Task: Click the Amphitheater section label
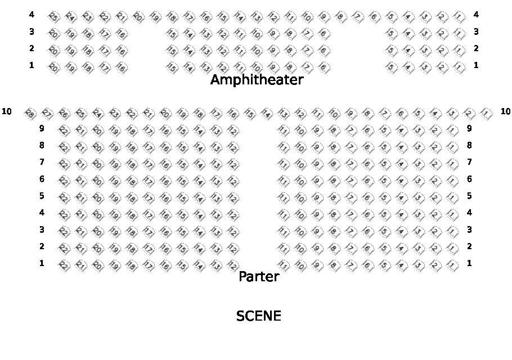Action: (257, 80)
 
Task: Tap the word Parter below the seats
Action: (259, 277)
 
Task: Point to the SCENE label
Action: (258, 316)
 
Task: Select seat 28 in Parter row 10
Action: (30, 114)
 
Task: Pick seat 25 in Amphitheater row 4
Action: (53, 17)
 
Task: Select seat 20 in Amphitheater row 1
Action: (53, 68)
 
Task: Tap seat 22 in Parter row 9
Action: (64, 131)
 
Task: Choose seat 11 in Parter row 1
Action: (284, 265)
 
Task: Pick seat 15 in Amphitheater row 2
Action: (172, 51)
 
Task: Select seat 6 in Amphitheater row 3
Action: (324, 34)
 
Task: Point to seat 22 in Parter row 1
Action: (64, 265)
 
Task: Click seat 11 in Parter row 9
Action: (284, 131)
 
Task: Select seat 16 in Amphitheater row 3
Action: (122, 34)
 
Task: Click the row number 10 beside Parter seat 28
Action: (7, 111)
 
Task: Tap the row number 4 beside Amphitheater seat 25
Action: (32, 14)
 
